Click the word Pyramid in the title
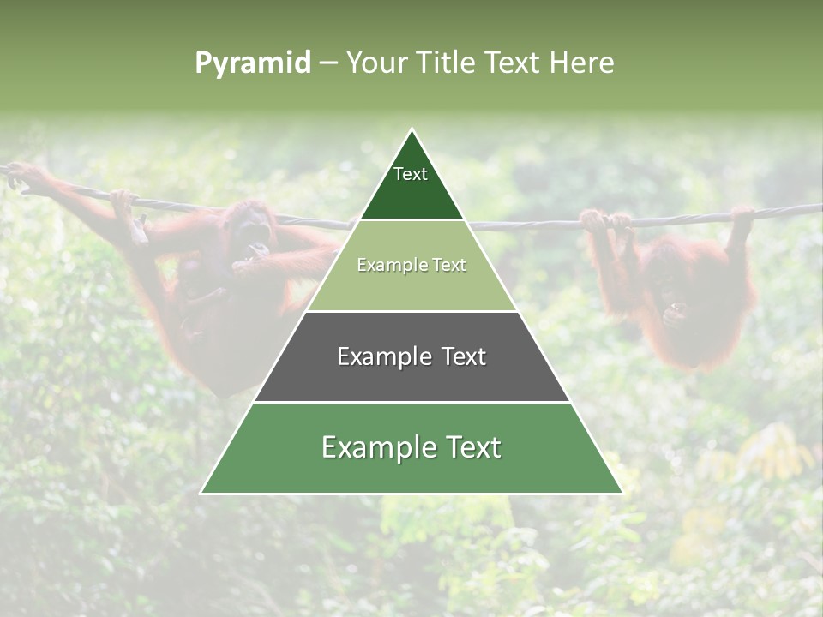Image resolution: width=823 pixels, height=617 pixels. point(253,63)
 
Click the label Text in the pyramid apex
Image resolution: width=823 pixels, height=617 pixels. point(411,174)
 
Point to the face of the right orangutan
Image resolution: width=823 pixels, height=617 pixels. point(666,287)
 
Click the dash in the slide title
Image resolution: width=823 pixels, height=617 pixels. point(328,63)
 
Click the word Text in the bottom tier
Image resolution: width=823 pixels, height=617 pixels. point(471,447)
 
